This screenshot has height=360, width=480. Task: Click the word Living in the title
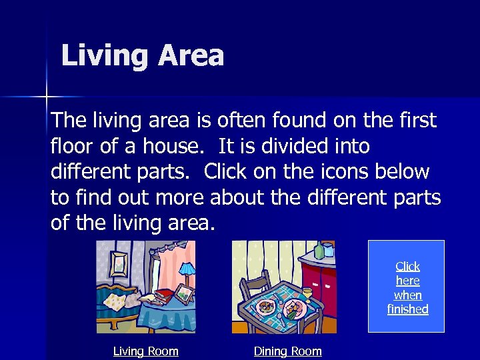(105, 56)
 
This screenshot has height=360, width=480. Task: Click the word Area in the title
(191, 56)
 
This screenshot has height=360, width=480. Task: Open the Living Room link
(145, 351)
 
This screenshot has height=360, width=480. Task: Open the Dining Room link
(287, 351)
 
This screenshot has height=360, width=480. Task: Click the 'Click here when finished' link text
(407, 287)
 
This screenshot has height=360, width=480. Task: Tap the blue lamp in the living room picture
(187, 270)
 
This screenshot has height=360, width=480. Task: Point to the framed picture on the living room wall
(119, 264)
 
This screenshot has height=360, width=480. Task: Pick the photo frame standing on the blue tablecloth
(183, 293)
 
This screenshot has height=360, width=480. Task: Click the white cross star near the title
(47, 97)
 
